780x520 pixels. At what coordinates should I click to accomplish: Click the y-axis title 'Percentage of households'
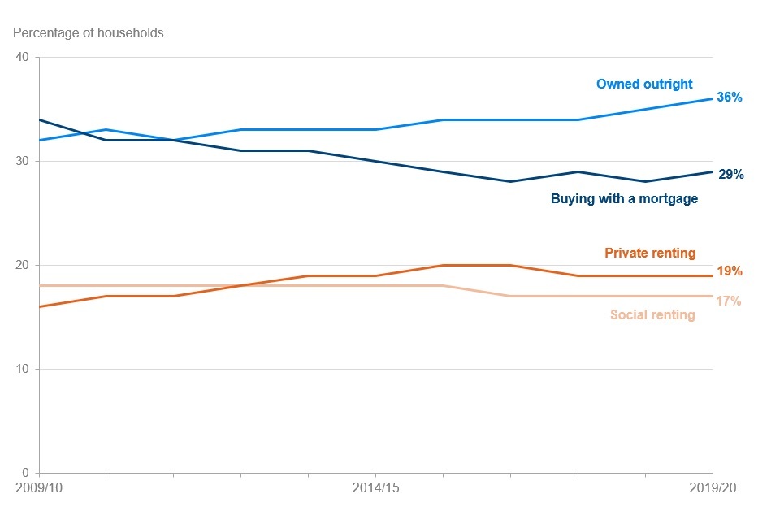pyautogui.click(x=88, y=33)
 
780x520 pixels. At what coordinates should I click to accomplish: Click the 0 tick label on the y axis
pyautogui.click(x=25, y=473)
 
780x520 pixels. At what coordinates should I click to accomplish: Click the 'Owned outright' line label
pyautogui.click(x=644, y=84)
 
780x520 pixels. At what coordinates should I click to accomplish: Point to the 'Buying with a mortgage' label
pyautogui.click(x=624, y=198)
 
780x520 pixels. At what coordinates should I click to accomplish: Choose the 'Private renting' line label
pyautogui.click(x=650, y=253)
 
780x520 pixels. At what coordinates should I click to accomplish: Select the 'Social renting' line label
pyautogui.click(x=652, y=314)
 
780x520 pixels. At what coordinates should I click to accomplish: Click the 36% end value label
pyautogui.click(x=730, y=97)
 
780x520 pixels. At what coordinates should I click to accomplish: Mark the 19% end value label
pyautogui.click(x=730, y=271)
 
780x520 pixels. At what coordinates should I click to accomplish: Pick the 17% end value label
pyautogui.click(x=730, y=301)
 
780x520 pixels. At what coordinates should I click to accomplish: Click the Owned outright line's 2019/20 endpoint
pyautogui.click(x=713, y=98)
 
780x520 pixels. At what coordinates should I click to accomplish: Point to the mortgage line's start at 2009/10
pyautogui.click(x=40, y=119)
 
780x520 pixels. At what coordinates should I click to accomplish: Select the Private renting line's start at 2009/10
pyautogui.click(x=40, y=306)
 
